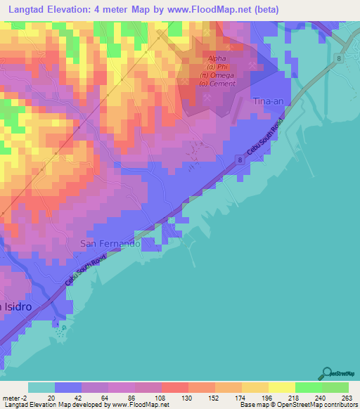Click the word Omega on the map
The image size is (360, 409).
tap(232, 75)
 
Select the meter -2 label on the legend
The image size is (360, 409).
tap(13, 397)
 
